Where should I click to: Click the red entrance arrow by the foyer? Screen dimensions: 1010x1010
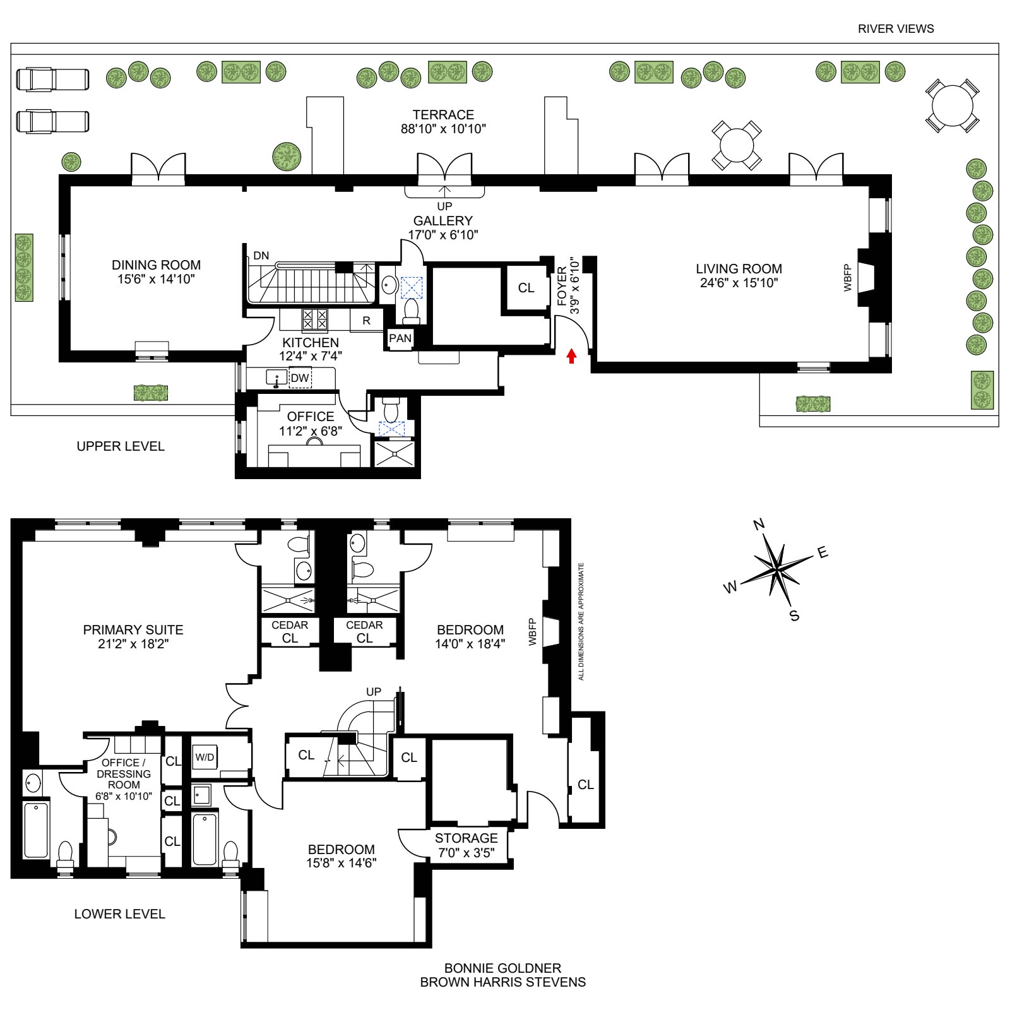571,357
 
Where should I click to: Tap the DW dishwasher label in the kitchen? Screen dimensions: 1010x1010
300,378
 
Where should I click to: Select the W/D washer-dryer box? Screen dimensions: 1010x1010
205,757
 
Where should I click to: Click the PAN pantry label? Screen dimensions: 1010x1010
400,338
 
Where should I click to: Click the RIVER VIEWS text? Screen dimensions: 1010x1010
896,28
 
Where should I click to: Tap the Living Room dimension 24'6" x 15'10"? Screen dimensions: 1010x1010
739,283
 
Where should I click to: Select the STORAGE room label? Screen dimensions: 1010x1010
466,838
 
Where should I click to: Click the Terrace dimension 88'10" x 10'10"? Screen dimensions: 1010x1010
443,129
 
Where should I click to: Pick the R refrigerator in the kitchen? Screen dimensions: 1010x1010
366,321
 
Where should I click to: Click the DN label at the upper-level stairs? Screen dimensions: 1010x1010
261,256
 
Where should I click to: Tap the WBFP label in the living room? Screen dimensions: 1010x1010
848,278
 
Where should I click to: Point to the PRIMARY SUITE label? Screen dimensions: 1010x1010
133,629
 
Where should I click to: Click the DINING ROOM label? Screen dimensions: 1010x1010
156,265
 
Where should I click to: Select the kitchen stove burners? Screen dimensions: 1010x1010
314,319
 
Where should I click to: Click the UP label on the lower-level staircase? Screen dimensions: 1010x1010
374,692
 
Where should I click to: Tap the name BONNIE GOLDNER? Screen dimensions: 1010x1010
502,968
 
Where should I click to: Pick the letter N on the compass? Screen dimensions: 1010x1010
759,524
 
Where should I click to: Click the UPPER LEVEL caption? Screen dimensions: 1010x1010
121,446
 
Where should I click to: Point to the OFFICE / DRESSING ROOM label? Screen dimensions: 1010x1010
124,773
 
